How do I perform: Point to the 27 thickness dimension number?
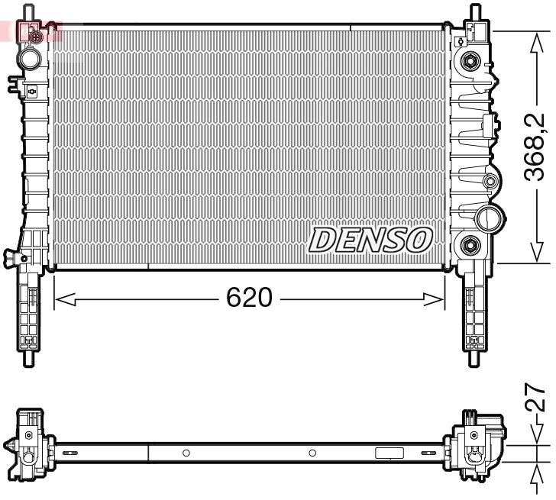point(537,398)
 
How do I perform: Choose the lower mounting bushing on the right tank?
point(469,245)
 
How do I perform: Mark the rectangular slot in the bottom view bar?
point(389,453)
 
